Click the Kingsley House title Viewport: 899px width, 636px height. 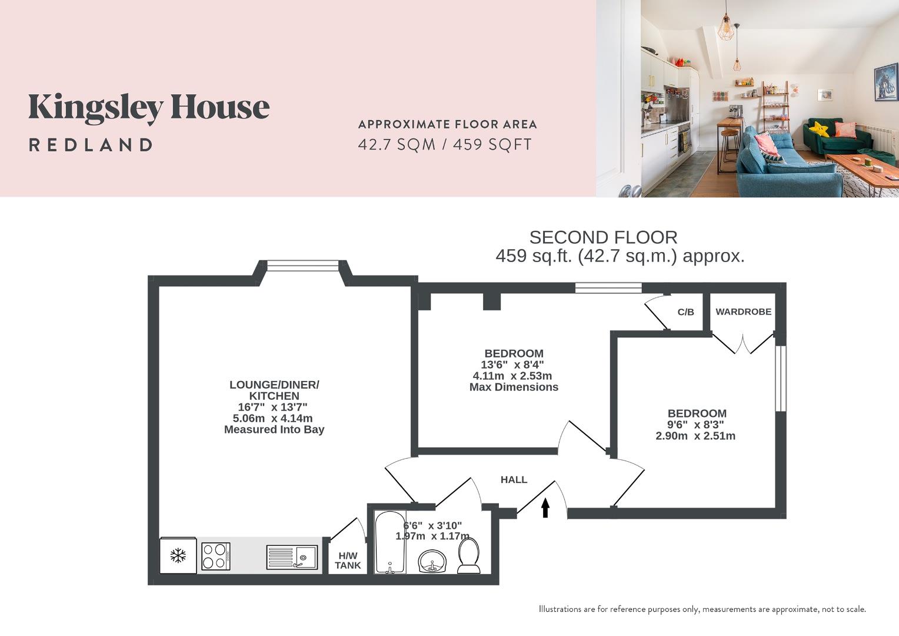tap(149, 108)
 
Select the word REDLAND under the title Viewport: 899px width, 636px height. tap(91, 145)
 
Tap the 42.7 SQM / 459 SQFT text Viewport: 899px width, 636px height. tap(445, 144)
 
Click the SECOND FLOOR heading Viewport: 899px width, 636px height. tap(603, 237)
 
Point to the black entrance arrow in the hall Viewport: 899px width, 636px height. tap(545, 508)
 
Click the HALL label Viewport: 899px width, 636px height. tap(514, 480)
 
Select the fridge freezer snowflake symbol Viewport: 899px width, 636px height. tap(178, 555)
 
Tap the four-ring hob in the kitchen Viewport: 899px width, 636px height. tap(215, 556)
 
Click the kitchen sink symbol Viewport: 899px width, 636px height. tap(292, 556)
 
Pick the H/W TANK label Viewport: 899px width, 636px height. tap(348, 561)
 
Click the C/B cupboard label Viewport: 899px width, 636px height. tap(685, 312)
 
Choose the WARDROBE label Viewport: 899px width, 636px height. tap(743, 312)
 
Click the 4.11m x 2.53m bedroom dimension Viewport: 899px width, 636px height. tap(512, 376)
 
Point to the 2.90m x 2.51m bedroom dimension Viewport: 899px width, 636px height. tap(695, 436)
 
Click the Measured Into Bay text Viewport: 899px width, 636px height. tap(274, 430)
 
